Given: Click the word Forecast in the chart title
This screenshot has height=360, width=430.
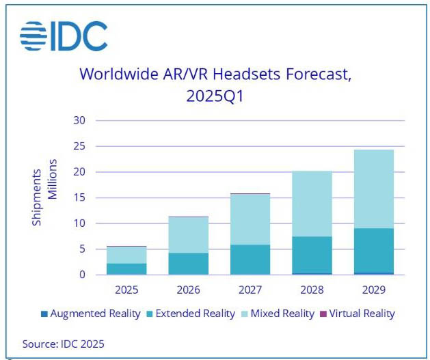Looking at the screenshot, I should point(308,74).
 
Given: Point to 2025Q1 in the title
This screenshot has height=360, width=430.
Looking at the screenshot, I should point(215,96).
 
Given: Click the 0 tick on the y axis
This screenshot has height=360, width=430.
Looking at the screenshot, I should point(82,275).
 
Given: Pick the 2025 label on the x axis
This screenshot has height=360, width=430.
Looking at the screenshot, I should point(127,290).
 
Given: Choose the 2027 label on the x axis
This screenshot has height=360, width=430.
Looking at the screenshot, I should point(250,290).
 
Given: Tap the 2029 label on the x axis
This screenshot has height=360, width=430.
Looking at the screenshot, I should point(373,290).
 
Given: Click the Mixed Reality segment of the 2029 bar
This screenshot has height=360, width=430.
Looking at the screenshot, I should point(373,189).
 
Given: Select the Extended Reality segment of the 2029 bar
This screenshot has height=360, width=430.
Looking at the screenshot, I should point(373,251).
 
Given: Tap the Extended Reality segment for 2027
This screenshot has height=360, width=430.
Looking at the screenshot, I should point(250,260).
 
